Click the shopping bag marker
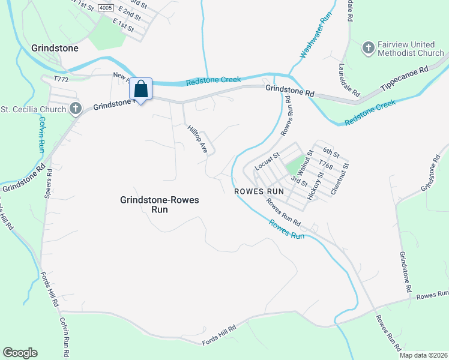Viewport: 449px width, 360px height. [x=140, y=90]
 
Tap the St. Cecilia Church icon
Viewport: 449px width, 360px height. [x=75, y=109]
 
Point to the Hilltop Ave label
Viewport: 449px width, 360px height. [x=197, y=139]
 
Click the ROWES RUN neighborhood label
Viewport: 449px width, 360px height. [x=258, y=191]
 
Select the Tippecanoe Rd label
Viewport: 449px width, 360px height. [x=406, y=80]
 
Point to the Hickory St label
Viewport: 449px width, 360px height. [x=315, y=185]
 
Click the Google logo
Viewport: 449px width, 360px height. [x=20, y=353]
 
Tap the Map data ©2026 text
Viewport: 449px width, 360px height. [x=423, y=355]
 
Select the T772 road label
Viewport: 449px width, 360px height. [x=61, y=79]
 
